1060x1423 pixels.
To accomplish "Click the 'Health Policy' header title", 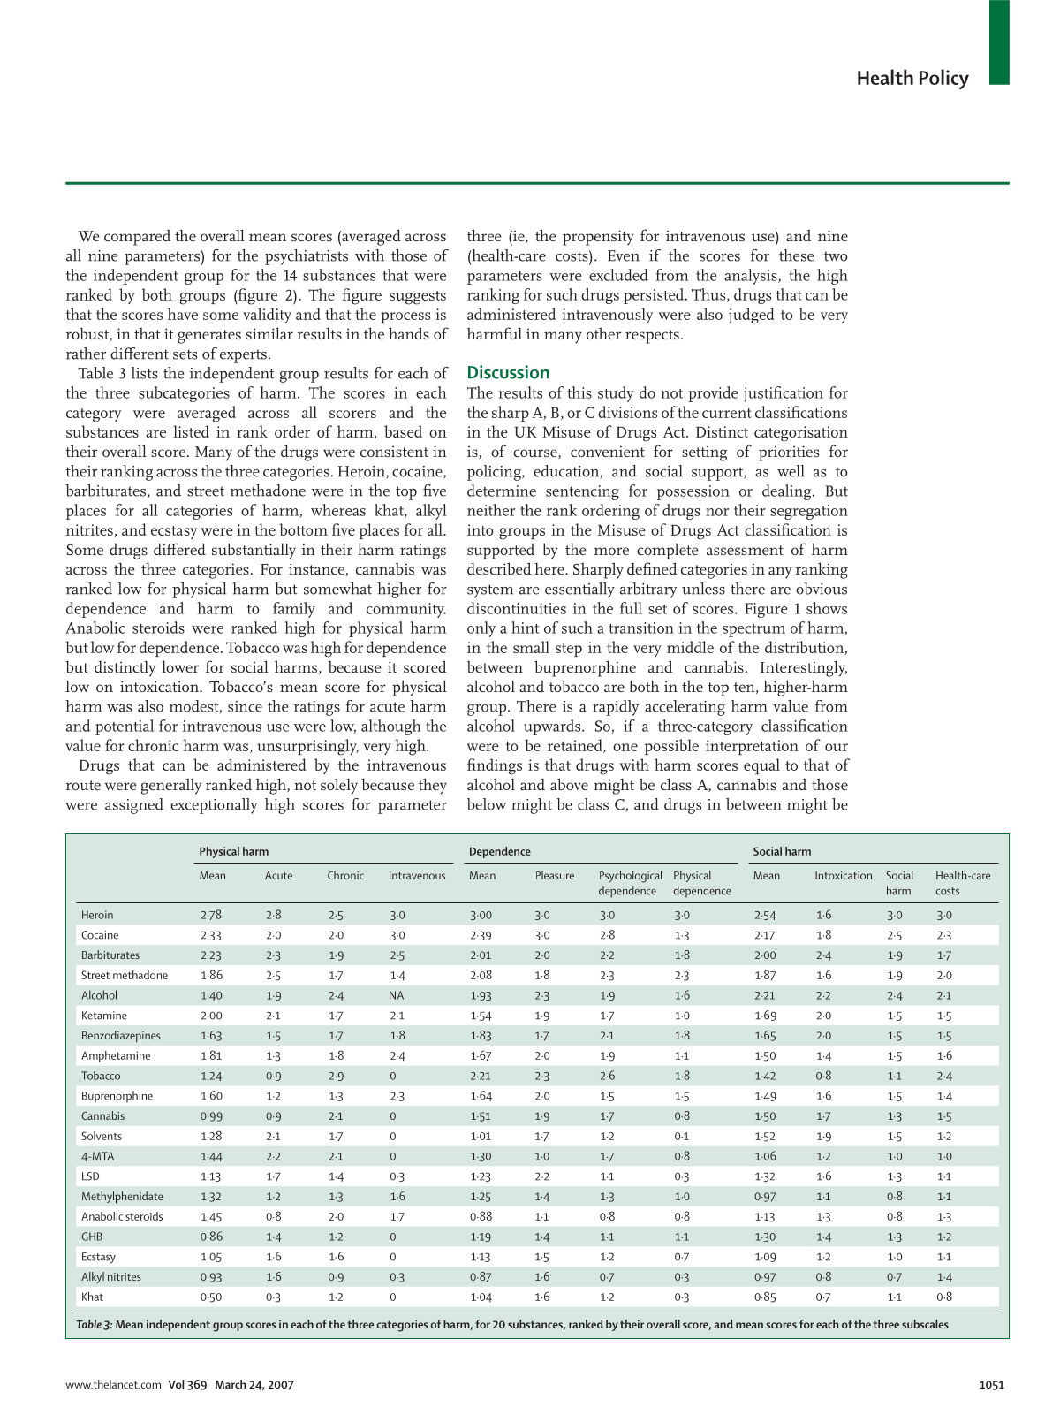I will (x=912, y=79).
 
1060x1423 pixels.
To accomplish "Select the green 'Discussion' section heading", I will (x=508, y=373).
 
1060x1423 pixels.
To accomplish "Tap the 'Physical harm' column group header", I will (x=233, y=851).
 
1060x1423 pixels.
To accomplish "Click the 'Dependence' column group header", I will (x=499, y=851).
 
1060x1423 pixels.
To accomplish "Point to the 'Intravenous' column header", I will (x=417, y=876).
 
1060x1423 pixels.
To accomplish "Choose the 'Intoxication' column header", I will (x=843, y=876).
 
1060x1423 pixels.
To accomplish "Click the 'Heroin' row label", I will (x=97, y=916).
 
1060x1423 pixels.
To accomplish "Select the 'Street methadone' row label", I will (x=125, y=976).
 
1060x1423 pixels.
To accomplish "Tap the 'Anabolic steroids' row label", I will (x=122, y=1217).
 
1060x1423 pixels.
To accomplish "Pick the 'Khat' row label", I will (x=92, y=1297).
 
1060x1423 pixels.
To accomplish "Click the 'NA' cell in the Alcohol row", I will (x=396, y=996).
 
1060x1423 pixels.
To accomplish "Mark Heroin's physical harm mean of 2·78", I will (x=211, y=916).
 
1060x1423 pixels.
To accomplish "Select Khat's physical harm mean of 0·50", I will (x=211, y=1297).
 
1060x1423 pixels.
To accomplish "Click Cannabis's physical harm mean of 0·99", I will (x=211, y=1116).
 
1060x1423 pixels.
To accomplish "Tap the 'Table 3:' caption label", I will (x=94, y=1325).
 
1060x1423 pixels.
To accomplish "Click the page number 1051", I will (x=991, y=1385).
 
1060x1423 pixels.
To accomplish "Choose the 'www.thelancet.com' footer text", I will (x=113, y=1385).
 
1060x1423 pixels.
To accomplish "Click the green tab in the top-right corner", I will (x=998, y=42).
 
